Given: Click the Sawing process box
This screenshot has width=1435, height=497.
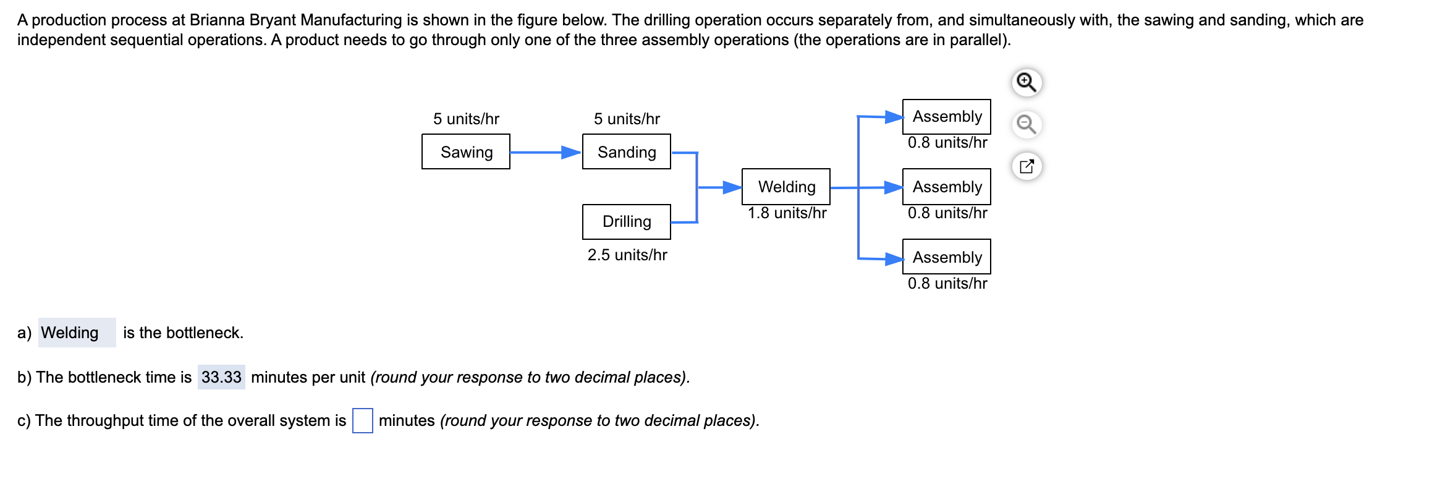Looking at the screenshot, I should point(465,151).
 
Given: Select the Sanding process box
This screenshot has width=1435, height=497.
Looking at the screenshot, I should point(626,151).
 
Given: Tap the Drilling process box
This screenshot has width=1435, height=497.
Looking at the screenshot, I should point(626,221).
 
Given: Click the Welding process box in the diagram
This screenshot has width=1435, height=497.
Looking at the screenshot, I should point(785,187).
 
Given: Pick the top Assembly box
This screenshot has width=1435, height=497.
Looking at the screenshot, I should point(946,116).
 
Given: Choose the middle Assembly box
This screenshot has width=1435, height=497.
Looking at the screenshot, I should point(946,187).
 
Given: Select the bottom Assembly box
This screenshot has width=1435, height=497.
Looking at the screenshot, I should point(946,257).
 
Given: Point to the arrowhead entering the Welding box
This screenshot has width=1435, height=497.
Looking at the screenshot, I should point(732,187).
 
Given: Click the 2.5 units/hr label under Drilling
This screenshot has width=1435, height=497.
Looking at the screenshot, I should point(627,255).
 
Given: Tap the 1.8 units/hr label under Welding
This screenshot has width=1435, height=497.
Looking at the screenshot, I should point(786,213).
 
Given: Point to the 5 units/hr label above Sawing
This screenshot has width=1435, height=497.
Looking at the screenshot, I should point(465,119).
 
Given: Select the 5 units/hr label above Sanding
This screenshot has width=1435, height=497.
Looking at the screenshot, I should point(626,119).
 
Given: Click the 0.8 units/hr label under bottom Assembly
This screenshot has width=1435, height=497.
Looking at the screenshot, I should point(947,284).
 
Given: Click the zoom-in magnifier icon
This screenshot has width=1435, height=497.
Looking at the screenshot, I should point(1027,82).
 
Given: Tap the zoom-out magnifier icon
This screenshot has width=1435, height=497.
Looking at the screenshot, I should point(1027,124).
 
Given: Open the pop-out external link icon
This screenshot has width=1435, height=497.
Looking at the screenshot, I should point(1027,166).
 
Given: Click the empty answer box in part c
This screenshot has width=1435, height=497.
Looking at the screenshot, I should point(362,421).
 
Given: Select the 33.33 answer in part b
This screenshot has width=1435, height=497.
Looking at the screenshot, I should point(221,377).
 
